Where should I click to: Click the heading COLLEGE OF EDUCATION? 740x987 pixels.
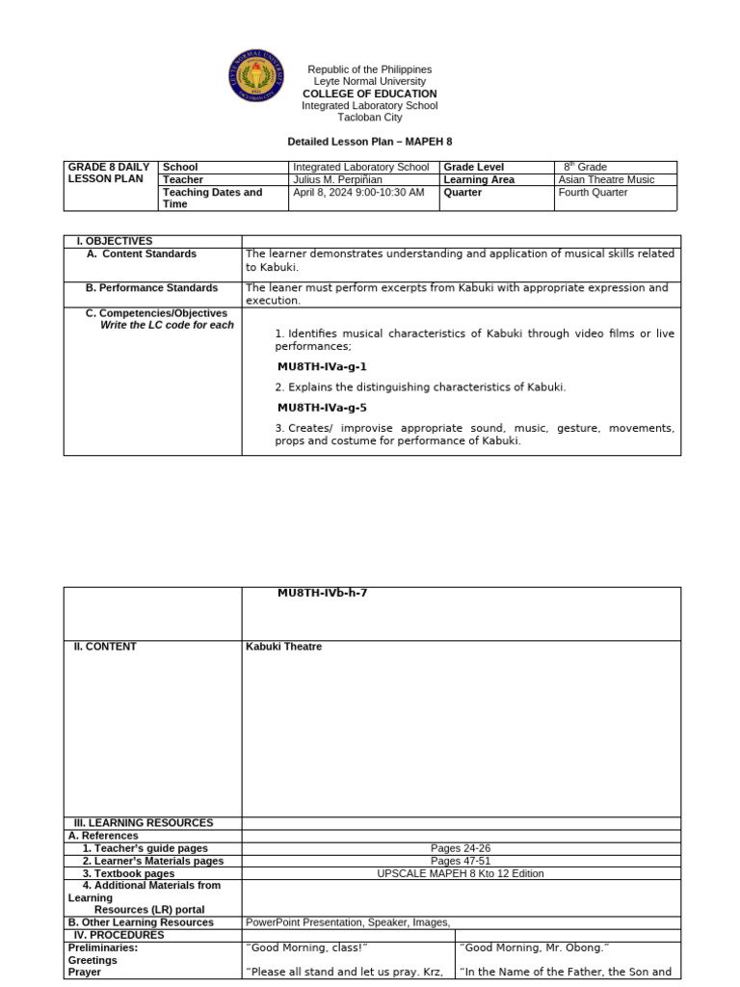(370, 94)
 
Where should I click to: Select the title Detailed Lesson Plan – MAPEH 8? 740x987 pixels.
(370, 142)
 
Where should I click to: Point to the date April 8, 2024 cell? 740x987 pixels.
(357, 193)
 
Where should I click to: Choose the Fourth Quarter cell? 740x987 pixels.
(593, 193)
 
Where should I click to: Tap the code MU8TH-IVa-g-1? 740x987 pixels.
(322, 367)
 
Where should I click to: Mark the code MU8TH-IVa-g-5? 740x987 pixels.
(322, 408)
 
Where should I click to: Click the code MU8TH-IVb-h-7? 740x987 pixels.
(322, 593)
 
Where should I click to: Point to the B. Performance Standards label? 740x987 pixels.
(151, 288)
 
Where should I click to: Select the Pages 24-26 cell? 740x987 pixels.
(460, 848)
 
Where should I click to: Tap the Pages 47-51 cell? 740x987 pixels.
(460, 861)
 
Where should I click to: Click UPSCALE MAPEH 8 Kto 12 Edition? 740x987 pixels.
(460, 873)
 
